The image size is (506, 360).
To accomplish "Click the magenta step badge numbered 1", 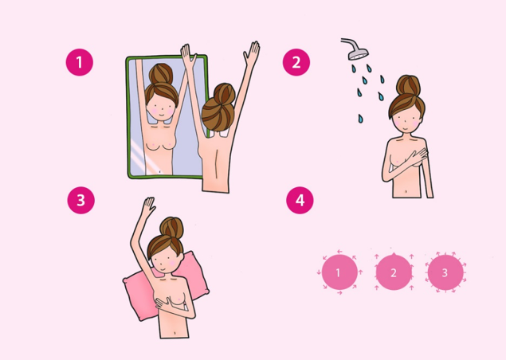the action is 80,62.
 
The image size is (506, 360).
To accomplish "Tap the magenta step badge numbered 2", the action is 296,62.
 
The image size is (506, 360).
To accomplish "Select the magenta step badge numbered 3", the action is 81,201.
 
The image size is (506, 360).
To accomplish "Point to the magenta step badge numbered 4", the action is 300,201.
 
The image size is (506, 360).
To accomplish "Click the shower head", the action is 356,51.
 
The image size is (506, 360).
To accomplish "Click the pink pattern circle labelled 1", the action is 339,272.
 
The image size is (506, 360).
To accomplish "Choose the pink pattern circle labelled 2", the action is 394,272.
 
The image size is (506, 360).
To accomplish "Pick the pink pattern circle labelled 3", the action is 445,272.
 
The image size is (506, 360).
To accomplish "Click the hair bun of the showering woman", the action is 408,85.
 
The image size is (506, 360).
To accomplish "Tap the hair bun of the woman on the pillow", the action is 171,228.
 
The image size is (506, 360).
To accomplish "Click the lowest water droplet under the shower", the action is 360,119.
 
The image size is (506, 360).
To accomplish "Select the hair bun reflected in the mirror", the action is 161,73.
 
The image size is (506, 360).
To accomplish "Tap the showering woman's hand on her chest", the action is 416,158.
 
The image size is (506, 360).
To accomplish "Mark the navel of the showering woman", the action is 406,192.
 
